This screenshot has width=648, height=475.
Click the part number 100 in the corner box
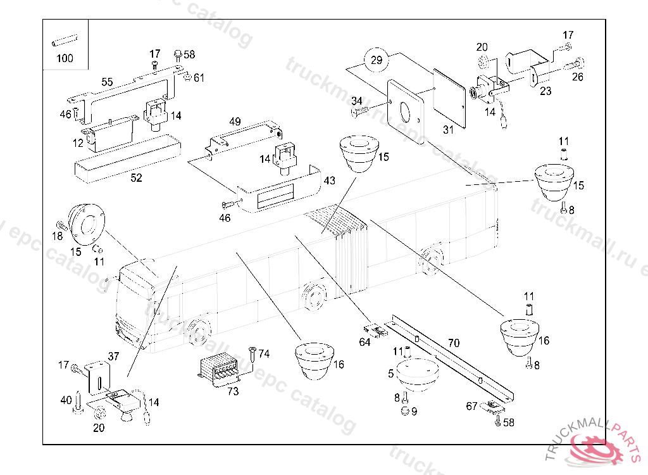tap(65, 58)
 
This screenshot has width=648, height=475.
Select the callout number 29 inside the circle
tap(377, 61)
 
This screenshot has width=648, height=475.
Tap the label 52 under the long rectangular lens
tap(136, 178)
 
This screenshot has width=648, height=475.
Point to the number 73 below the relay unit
tap(233, 391)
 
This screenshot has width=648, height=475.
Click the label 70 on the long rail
tap(454, 343)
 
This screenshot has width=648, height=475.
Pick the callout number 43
tap(330, 180)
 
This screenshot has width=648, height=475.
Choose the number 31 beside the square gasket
tap(448, 130)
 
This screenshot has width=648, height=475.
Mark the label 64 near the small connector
tap(364, 343)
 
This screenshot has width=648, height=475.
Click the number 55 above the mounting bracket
tap(107, 82)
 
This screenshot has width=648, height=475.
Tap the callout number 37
tap(113, 357)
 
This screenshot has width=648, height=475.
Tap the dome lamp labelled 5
tap(417, 373)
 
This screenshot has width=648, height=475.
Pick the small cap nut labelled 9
tap(403, 412)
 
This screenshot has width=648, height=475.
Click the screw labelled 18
tap(61, 225)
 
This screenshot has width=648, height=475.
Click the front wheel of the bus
tap(198, 332)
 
